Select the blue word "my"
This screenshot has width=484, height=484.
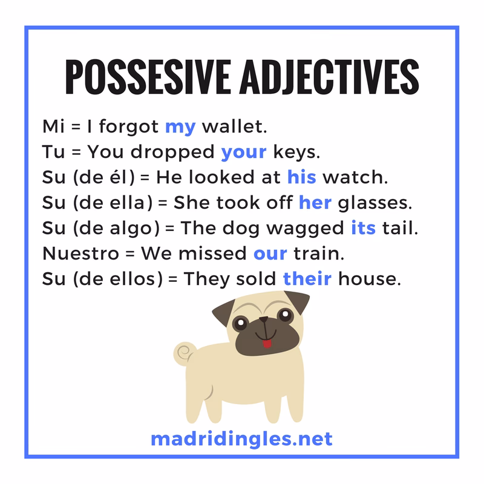click(180, 128)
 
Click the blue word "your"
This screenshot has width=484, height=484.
click(243, 152)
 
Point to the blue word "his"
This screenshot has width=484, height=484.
click(301, 177)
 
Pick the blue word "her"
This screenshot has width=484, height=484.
click(315, 203)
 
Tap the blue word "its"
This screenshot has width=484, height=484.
click(363, 228)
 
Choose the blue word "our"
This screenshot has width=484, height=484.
click(270, 253)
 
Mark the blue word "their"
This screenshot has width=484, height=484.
click(307, 279)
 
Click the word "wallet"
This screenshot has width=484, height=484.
click(234, 128)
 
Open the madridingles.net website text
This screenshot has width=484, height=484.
click(241, 437)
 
